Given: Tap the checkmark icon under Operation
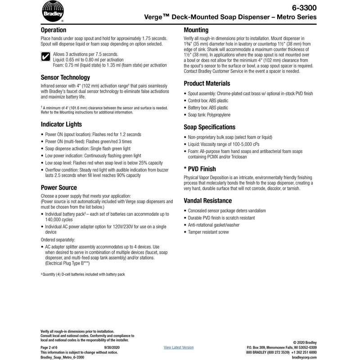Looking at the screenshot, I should (x=45, y=57).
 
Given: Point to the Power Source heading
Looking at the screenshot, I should (x=58, y=187).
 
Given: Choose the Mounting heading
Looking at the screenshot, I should (x=196, y=30).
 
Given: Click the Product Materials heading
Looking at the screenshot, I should (x=207, y=83).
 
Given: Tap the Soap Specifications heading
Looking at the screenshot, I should (x=210, y=127).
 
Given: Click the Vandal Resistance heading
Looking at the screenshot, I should (x=208, y=201).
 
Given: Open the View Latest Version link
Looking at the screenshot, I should (x=179, y=347).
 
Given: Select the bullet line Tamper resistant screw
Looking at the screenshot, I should (x=209, y=232).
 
